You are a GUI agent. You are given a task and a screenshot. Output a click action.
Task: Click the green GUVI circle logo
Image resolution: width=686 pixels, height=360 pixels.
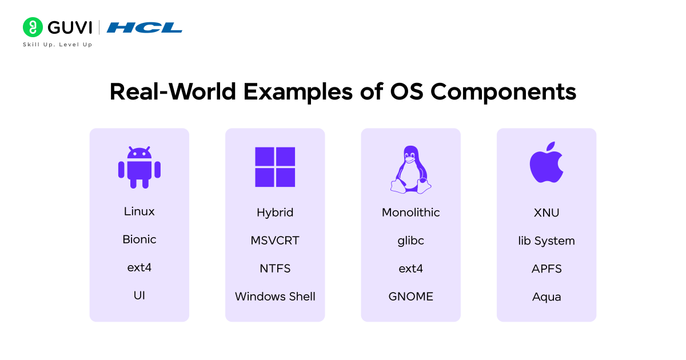coord(33,27)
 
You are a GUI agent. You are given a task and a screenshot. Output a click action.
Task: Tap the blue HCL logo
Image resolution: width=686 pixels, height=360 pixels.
coord(145,27)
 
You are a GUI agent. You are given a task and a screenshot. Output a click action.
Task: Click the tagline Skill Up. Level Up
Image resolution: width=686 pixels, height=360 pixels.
coord(58,45)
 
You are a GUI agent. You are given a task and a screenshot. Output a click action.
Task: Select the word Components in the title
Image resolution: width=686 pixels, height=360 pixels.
coord(503,92)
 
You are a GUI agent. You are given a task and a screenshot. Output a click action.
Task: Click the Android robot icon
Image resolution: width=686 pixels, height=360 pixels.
coord(139,167)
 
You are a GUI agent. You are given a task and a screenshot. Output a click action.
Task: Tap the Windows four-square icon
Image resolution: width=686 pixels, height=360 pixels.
coord(275,167)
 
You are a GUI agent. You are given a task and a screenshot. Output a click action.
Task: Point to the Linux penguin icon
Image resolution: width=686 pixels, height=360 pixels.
coord(410,169)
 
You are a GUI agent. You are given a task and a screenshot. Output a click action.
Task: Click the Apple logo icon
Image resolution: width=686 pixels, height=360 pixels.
coord(547,162)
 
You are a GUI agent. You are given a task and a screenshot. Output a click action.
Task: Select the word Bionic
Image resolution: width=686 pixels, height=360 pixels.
coord(139,239)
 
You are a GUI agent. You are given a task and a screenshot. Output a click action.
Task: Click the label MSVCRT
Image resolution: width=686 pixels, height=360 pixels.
coord(275,241)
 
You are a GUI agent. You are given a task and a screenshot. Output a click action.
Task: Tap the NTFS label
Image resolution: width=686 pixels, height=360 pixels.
coord(275,269)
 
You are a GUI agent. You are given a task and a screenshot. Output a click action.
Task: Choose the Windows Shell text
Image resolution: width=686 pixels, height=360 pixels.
coord(275,297)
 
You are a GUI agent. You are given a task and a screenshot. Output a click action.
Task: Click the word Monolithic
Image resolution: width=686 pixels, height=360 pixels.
coord(410,213)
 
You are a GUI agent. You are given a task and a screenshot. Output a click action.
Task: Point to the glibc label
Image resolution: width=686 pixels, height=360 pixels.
coord(410,241)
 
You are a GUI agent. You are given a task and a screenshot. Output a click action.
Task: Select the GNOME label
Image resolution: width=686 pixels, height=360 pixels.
coord(410,297)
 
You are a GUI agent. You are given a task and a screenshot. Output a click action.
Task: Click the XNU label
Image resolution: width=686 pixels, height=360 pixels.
coord(547,213)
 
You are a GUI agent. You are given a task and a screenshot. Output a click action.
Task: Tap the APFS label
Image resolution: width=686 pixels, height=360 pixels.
coord(547,269)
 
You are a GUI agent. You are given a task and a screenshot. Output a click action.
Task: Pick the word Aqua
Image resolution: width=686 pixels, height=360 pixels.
coord(547,297)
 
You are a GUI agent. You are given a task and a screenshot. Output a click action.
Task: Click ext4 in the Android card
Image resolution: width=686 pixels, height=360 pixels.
coord(139,267)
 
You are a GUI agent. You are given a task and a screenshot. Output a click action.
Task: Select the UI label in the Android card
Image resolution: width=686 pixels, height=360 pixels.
coord(139,295)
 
